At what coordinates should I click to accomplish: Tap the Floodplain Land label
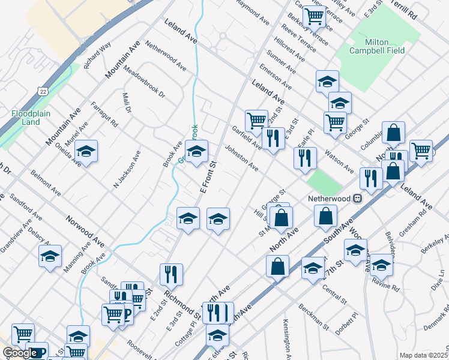(x=26, y=118)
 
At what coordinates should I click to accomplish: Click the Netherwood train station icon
(x=358, y=198)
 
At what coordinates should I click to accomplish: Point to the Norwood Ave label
(x=85, y=232)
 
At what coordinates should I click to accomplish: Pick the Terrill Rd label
(x=420, y=11)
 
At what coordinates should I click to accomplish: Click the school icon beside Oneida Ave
(x=86, y=152)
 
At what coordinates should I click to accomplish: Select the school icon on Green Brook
(x=196, y=152)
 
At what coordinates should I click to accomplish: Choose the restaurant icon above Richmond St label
(x=171, y=274)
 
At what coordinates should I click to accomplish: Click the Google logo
(x=20, y=353)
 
